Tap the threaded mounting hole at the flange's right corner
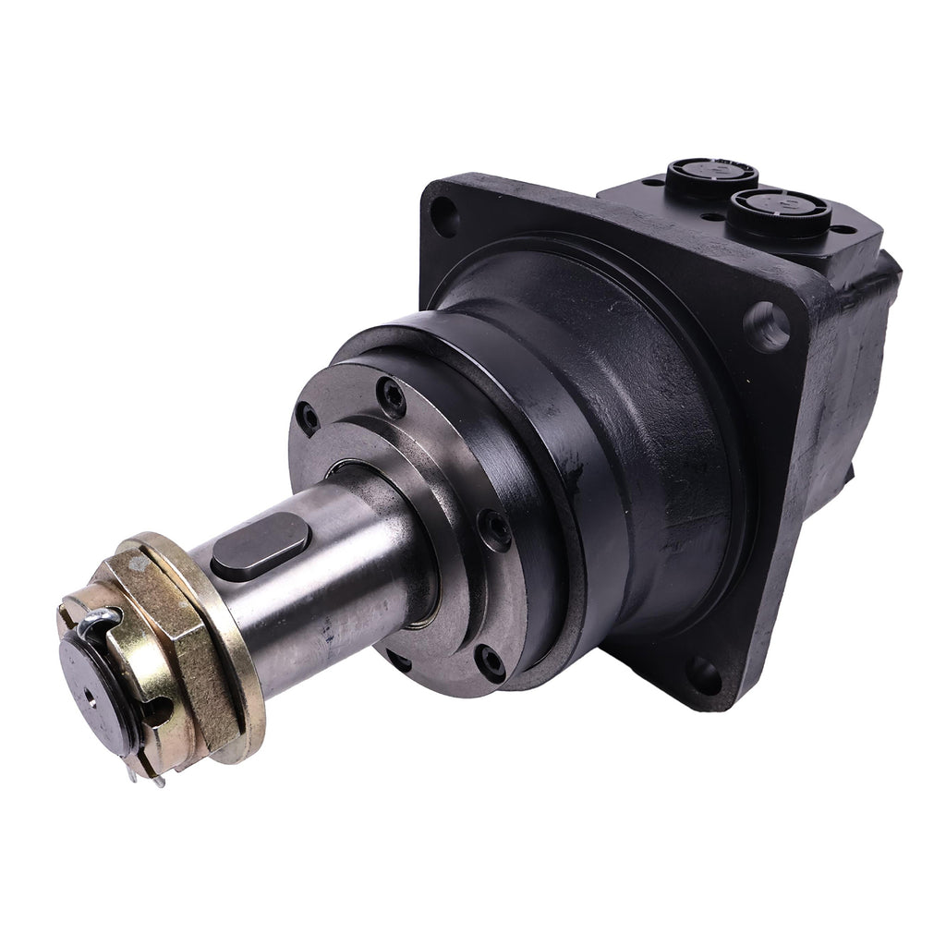pos(767,325)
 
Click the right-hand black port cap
pos(778,211)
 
